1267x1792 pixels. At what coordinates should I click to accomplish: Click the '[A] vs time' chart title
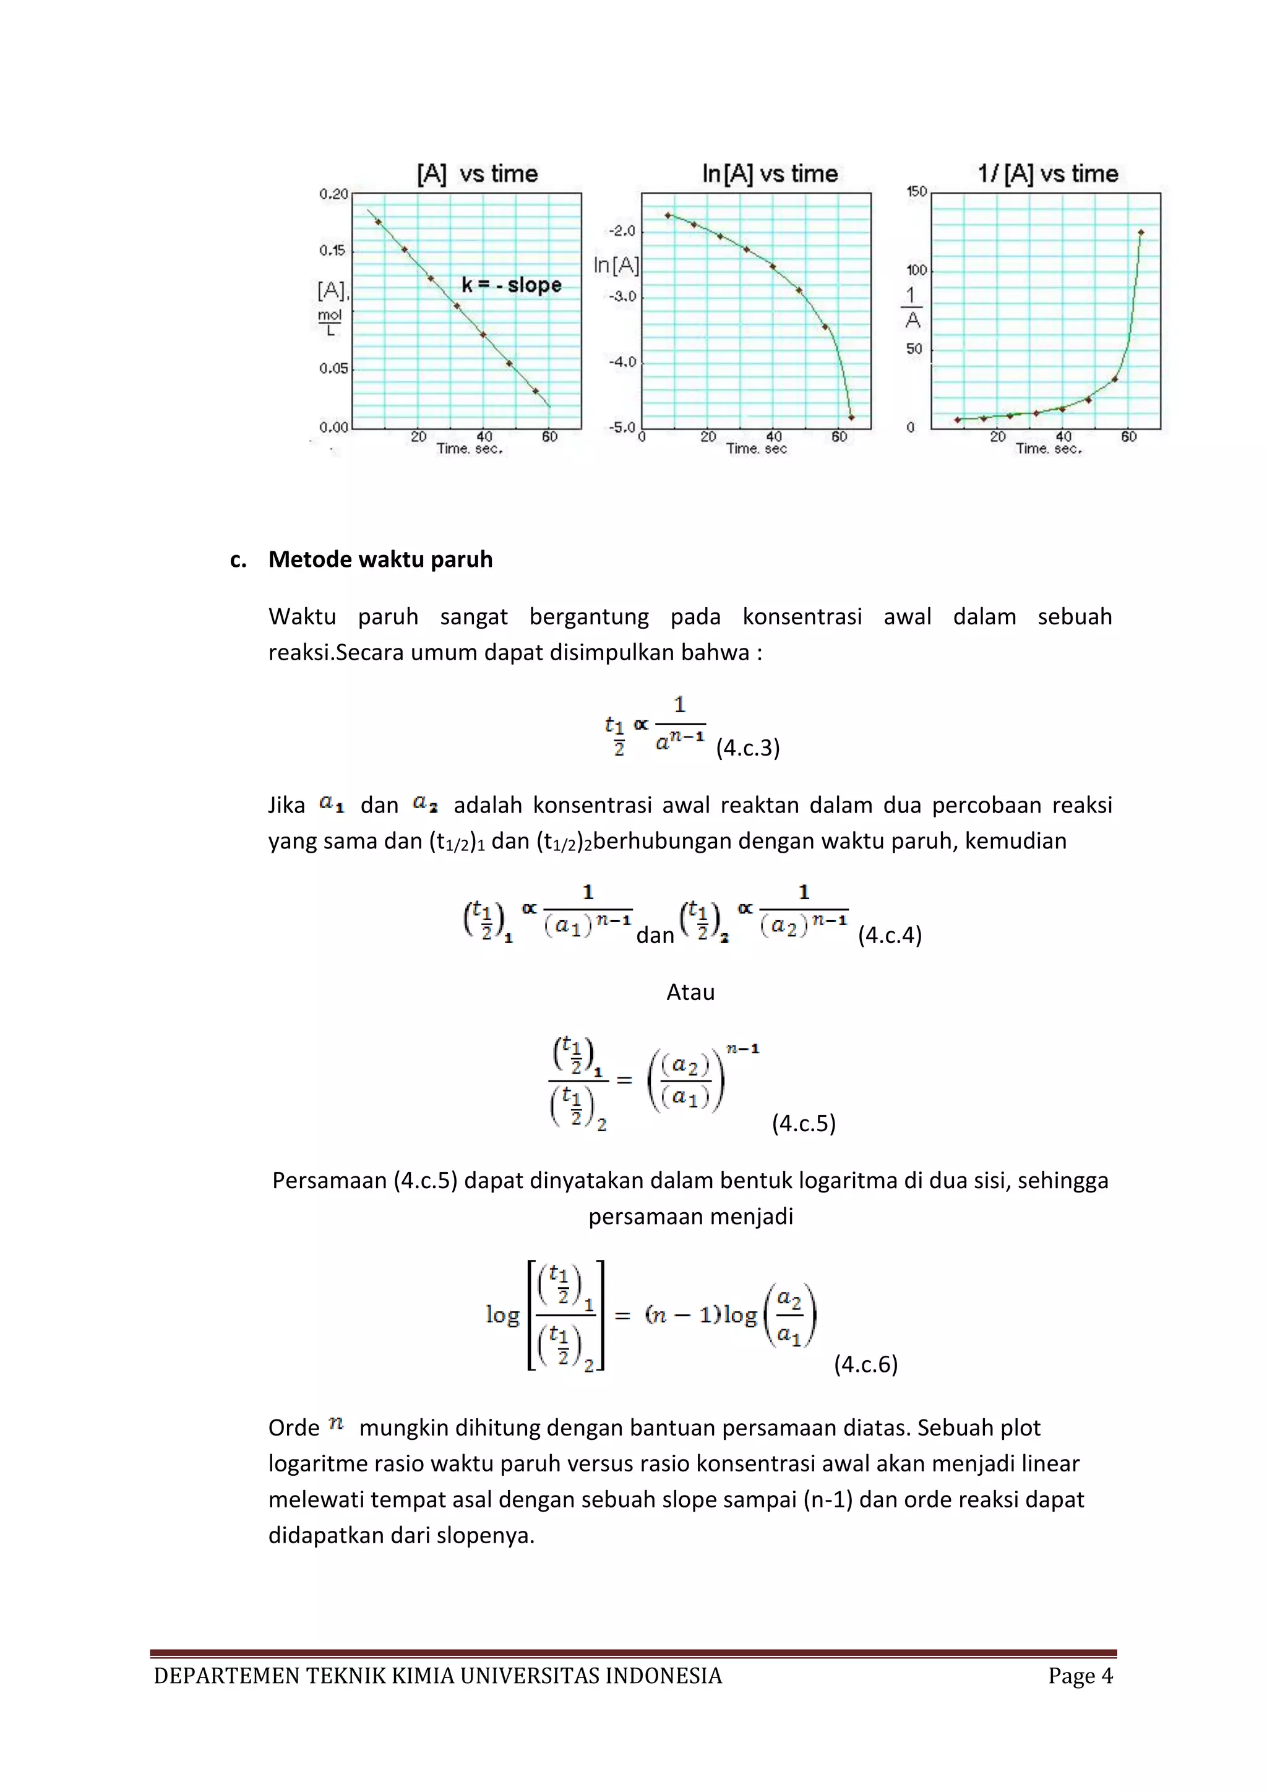(478, 173)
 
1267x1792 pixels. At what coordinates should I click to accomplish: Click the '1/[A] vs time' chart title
(1048, 173)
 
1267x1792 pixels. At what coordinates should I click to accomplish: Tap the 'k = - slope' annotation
(511, 285)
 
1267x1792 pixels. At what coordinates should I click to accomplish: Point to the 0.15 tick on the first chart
(332, 251)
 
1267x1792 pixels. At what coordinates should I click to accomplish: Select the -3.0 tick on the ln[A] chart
(622, 296)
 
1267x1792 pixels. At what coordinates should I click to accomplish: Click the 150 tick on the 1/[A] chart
(916, 191)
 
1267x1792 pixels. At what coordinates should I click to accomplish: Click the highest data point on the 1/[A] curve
(1141, 232)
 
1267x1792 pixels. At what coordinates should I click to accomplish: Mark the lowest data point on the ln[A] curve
(851, 418)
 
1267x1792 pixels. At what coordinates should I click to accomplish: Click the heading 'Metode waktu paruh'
(380, 559)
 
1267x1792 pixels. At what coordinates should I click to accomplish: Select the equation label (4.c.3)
(747, 747)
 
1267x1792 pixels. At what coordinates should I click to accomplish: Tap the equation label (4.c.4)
(890, 935)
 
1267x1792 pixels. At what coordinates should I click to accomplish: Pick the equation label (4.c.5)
(804, 1123)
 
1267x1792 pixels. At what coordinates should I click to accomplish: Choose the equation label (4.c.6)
(865, 1364)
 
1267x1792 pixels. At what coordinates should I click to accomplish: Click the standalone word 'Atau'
(690, 992)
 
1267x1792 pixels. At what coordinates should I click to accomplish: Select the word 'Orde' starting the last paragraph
(293, 1428)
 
